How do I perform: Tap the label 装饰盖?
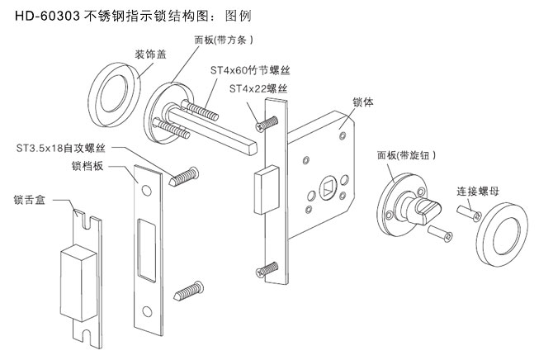coord(153,54)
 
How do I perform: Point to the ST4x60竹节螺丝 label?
coord(252,72)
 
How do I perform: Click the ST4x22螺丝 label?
coord(264,88)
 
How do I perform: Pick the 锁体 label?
coord(364,104)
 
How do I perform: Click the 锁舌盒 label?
coord(30,199)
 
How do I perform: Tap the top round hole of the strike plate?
coord(146,189)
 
